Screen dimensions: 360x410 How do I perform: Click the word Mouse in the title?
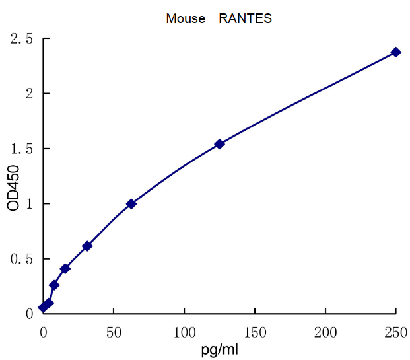pos(186,18)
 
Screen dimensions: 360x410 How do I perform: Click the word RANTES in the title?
pos(245,18)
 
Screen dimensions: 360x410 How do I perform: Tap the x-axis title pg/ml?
pos(220,349)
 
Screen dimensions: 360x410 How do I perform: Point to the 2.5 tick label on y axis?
pos(22,39)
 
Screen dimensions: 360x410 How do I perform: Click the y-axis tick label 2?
pos(28,94)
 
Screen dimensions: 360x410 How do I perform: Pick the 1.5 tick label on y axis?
pos(22,149)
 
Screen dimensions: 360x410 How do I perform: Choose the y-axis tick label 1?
pos(28,204)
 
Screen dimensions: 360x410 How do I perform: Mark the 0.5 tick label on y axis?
pos(22,259)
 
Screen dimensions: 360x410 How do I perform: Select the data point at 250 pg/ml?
pos(395,52)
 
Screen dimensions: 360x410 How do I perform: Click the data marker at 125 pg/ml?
pos(220,144)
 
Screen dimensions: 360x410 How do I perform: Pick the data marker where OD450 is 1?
pos(131,203)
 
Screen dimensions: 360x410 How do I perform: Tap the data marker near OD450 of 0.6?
pos(87,246)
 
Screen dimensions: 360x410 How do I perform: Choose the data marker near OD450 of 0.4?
pos(65,268)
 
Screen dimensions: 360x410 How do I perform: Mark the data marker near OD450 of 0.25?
pos(54,285)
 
